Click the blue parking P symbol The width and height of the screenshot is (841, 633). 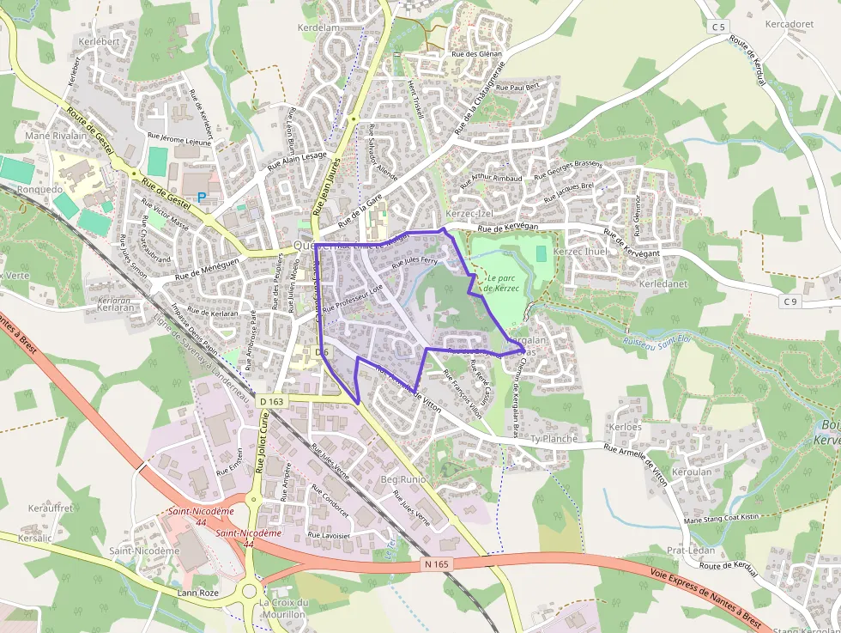(202, 197)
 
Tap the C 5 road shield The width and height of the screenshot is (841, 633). (718, 27)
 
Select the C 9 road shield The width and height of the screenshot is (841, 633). (790, 301)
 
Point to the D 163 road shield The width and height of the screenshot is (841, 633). (270, 401)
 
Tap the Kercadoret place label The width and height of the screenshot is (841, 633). (789, 24)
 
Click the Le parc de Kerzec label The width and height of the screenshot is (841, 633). (502, 283)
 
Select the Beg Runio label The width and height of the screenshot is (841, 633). (402, 478)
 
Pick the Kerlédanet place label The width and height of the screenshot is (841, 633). (663, 283)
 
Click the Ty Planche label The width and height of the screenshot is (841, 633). (554, 439)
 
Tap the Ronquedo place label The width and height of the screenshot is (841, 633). (39, 190)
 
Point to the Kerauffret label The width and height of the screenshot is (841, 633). (51, 508)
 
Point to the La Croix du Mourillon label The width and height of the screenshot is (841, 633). (283, 608)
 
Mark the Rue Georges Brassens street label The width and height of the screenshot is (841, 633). (568, 170)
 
